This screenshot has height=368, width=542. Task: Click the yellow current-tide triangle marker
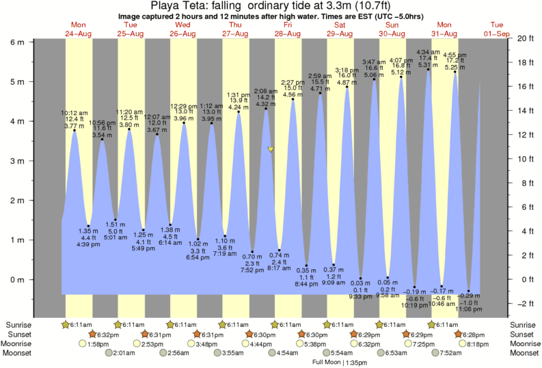coord(271,148)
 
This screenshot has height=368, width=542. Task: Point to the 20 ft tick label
coord(524,38)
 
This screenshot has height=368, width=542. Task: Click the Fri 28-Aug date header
coord(288,29)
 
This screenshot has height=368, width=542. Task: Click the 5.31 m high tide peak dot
coord(429,69)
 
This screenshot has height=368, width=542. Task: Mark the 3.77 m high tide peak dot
coord(74,130)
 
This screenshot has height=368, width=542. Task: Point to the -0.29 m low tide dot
coord(470,291)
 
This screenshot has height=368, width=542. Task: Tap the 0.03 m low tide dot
coord(361,278)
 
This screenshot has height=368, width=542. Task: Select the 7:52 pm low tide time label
coord(252,270)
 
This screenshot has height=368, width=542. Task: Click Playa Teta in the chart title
coord(175,5)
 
